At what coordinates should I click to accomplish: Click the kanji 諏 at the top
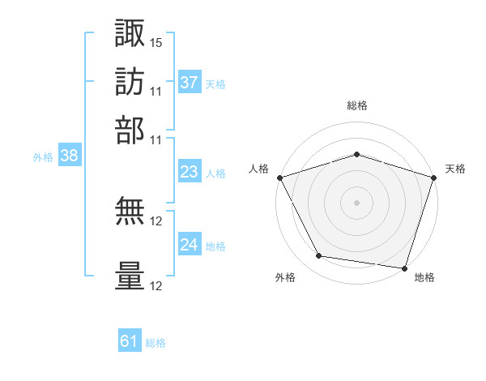[x=130, y=32]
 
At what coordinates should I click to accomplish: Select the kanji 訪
[x=130, y=82]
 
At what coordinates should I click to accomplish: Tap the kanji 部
[x=130, y=131]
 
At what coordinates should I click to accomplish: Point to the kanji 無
[x=130, y=211]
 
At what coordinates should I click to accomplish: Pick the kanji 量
[x=130, y=276]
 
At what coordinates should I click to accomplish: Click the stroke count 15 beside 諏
[x=156, y=43]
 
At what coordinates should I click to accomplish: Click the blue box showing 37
[x=190, y=82]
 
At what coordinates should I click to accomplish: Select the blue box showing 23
[x=190, y=171]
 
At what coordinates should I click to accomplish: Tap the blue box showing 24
[x=190, y=243]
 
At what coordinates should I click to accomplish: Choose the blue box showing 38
[x=70, y=155]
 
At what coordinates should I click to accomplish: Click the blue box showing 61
[x=130, y=340]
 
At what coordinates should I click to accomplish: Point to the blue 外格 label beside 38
[x=43, y=157]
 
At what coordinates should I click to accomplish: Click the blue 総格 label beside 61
[x=156, y=343]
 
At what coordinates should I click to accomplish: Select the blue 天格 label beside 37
[x=215, y=84]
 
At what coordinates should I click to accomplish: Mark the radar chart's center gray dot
[x=356, y=203]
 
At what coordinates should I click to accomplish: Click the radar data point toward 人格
[x=280, y=178]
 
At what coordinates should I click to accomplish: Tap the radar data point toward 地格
[x=404, y=268]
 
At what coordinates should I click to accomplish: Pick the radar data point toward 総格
[x=356, y=154]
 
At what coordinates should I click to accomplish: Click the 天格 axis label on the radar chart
[x=455, y=169]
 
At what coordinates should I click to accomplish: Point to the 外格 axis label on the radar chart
[x=285, y=277]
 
